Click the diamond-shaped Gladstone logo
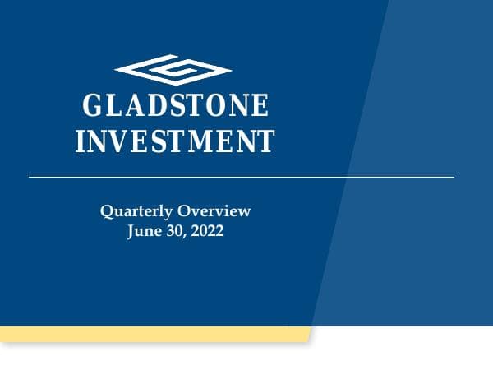coord(173,70)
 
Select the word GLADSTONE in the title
coord(176,107)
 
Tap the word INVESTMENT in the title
coord(174,141)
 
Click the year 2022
coord(208,231)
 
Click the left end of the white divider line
coord(30,177)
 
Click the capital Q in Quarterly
coord(106,212)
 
